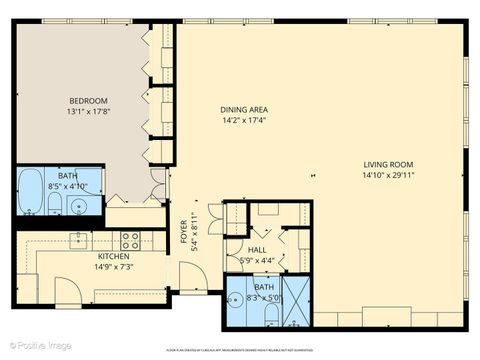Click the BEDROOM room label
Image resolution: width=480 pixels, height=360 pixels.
click(x=88, y=101)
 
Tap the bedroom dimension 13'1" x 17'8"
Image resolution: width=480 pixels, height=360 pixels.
click(x=88, y=112)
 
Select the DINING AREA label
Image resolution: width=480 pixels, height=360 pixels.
click(x=244, y=109)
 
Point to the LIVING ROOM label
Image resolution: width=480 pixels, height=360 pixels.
click(x=389, y=164)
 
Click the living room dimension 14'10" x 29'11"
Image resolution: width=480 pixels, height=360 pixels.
click(x=389, y=175)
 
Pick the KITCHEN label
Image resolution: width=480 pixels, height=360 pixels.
click(x=113, y=256)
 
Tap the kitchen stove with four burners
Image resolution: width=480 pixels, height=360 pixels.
click(x=130, y=240)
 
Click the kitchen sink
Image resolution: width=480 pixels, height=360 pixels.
click(x=78, y=240)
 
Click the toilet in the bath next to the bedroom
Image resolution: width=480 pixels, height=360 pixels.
click(x=57, y=205)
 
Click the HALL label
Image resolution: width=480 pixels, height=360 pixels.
click(x=257, y=250)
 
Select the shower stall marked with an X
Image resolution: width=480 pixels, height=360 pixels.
click(x=297, y=302)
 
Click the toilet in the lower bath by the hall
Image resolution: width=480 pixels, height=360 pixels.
click(x=271, y=313)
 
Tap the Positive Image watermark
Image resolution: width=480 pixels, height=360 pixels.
click(x=37, y=346)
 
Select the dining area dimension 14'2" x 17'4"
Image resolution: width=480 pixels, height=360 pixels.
click(x=244, y=120)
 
